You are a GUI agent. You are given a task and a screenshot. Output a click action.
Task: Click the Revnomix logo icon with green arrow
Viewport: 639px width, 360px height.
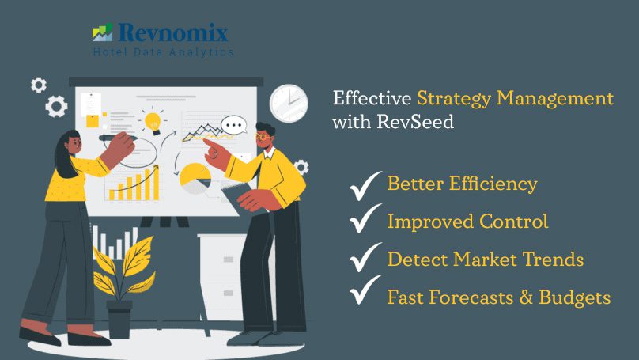coord(102,32)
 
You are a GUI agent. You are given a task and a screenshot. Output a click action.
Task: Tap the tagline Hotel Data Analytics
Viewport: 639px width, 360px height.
coord(163,52)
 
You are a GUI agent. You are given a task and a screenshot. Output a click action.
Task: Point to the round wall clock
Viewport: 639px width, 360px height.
coord(289,103)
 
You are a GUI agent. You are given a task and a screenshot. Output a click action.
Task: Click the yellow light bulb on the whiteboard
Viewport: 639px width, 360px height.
coord(153,122)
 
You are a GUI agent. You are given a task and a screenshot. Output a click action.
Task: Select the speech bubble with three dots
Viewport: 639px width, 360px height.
coord(234,125)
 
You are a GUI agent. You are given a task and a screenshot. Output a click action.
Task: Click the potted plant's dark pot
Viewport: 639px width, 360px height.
coord(119,319)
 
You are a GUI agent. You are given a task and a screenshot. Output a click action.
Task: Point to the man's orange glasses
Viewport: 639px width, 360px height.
coord(262,137)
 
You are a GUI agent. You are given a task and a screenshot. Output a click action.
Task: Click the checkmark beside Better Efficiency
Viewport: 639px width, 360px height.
coord(365,185)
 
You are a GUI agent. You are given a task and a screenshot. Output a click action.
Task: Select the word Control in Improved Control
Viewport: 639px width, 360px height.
coord(513,222)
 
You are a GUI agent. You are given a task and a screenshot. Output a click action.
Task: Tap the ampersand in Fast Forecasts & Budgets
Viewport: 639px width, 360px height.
coord(526,297)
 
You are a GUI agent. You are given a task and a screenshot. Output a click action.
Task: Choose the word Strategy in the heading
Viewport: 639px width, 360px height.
coord(454,99)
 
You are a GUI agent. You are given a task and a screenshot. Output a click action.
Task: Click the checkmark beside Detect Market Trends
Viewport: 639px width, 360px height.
coord(365,257)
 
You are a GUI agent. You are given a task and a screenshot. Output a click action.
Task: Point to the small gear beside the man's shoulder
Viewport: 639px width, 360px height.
coord(301,167)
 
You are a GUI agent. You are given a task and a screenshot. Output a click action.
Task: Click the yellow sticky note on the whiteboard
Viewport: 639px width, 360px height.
coord(93,121)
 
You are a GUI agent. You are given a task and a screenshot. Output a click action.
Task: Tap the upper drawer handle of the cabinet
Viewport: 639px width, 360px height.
coord(229,260)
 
